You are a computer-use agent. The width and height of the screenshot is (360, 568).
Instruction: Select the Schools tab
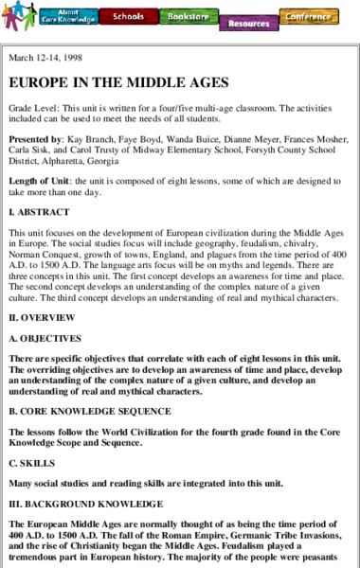click(x=128, y=16)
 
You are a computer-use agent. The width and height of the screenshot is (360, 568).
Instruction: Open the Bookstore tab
click(x=188, y=16)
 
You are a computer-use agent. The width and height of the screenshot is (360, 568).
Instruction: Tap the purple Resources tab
click(x=248, y=23)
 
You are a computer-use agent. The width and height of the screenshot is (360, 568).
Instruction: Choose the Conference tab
click(x=310, y=16)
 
